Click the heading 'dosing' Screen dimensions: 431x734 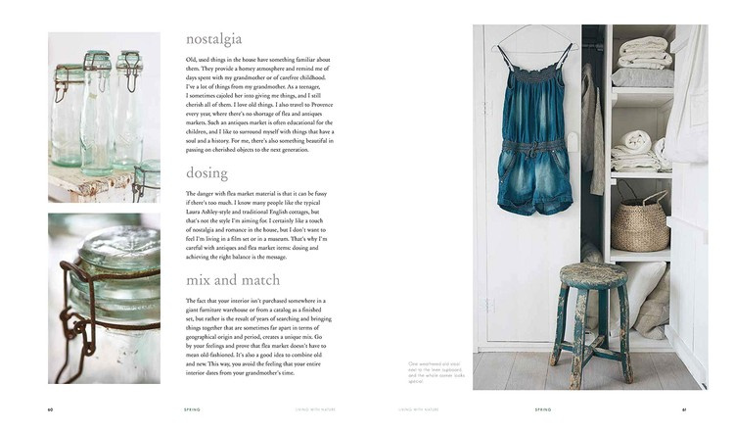click(206, 172)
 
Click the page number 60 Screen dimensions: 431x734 click(51, 409)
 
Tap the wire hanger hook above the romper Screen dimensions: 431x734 click(534, 32)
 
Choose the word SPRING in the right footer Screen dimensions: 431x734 click(543, 409)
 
